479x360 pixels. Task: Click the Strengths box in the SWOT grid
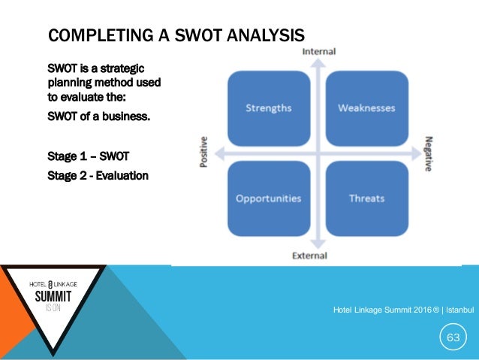[x=270, y=107]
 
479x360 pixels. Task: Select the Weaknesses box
[x=366, y=107]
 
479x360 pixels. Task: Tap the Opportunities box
[x=268, y=198]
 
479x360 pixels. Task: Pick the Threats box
[x=366, y=198]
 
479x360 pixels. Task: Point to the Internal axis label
[x=318, y=51]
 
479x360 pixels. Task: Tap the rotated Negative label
[x=428, y=153]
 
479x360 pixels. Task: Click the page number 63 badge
[x=453, y=337]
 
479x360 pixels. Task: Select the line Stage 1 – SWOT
[x=88, y=156]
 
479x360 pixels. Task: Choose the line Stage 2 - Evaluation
[x=98, y=175]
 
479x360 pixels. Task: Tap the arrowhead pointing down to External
[x=318, y=244]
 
